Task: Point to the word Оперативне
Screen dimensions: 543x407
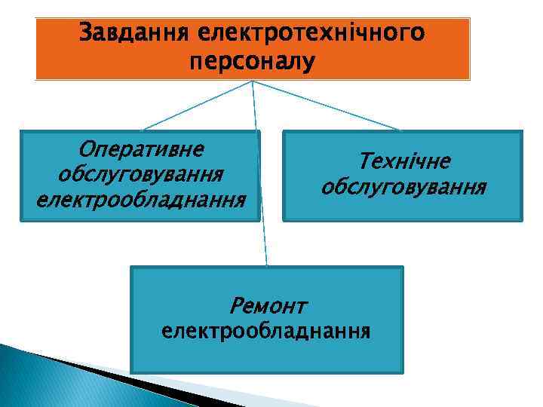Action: click(140, 146)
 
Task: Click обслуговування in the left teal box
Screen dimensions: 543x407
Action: click(140, 173)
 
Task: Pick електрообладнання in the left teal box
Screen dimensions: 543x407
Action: click(140, 200)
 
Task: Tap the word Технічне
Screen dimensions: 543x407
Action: click(403, 161)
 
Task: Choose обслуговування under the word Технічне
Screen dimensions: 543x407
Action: click(403, 186)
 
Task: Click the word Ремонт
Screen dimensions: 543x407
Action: click(268, 306)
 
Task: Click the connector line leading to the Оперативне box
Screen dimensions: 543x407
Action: click(198, 106)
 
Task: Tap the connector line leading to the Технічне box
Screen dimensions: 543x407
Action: click(326, 106)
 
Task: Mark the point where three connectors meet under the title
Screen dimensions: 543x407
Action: click(252, 81)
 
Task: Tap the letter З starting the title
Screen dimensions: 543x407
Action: click(85, 33)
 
